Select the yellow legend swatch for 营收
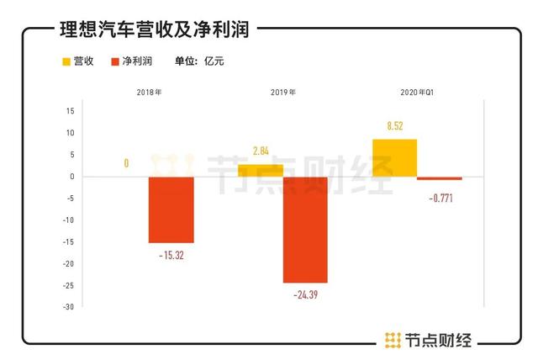(x=67, y=61)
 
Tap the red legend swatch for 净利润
(x=117, y=61)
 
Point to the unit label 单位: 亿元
(x=199, y=61)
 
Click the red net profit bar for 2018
(x=171, y=209)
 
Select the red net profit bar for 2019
(x=305, y=230)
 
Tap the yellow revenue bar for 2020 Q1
(x=394, y=158)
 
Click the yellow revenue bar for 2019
(x=261, y=171)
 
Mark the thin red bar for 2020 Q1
(x=440, y=178)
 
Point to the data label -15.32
(x=171, y=255)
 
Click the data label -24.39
(x=305, y=294)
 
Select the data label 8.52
(x=394, y=126)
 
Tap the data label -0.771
(x=440, y=198)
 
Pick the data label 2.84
(x=261, y=151)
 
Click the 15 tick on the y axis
(x=71, y=111)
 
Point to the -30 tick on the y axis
(x=68, y=307)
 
